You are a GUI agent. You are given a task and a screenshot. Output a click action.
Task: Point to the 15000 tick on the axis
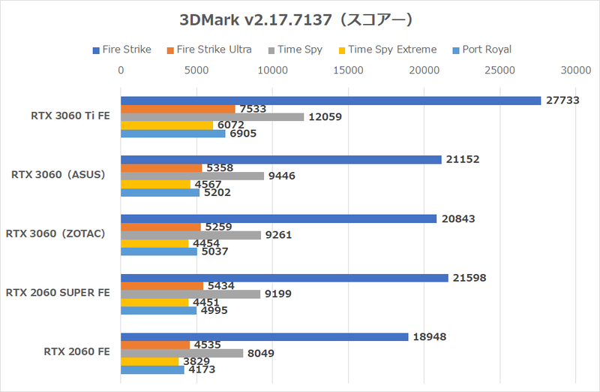[x=349, y=71]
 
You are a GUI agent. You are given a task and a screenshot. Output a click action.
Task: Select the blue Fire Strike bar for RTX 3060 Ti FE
[x=331, y=101]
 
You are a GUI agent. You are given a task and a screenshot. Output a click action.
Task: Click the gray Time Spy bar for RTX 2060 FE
[x=182, y=353]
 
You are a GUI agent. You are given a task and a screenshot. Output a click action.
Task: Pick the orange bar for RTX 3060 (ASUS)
[x=161, y=167]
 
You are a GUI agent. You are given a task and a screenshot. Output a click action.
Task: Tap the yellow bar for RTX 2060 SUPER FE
[x=154, y=303]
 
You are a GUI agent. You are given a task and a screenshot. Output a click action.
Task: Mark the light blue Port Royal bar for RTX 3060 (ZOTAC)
[x=159, y=252]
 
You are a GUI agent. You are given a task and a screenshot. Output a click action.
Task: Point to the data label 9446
[x=283, y=176]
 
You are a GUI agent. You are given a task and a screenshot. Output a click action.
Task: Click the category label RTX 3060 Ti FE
[x=69, y=116]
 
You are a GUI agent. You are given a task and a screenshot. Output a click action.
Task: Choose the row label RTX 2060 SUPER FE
[x=59, y=293]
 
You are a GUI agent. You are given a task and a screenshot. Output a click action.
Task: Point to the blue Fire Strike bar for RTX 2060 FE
[x=264, y=336]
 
